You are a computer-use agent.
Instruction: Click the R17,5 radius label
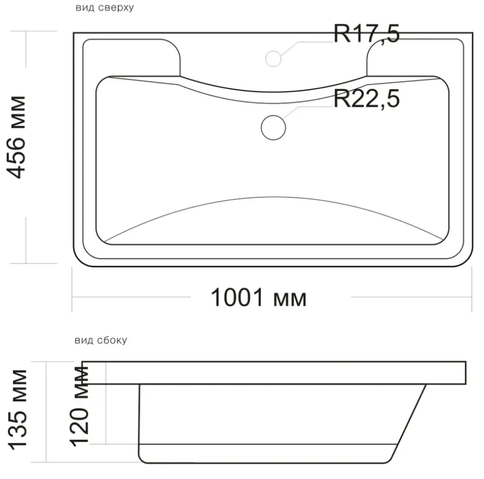pos(367,34)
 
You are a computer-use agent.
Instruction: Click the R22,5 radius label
pos(367,99)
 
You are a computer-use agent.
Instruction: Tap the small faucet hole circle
pos(273,58)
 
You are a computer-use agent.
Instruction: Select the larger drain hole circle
pos(273,127)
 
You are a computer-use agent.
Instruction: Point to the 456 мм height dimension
pos(16,137)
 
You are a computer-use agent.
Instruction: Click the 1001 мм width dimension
pos(259,298)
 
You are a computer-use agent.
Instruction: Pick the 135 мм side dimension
pos(18,410)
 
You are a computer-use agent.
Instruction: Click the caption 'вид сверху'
pos(105,8)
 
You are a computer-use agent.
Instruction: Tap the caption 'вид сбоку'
pos(100,340)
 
